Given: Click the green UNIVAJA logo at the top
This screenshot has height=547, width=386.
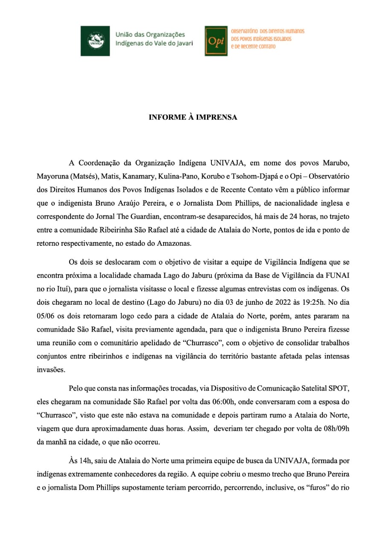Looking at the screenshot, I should pyautogui.click(x=95, y=41).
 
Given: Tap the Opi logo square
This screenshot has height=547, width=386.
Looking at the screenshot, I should pyautogui.click(x=216, y=41).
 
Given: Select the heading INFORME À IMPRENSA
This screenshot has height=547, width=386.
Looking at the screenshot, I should pyautogui.click(x=193, y=117).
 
